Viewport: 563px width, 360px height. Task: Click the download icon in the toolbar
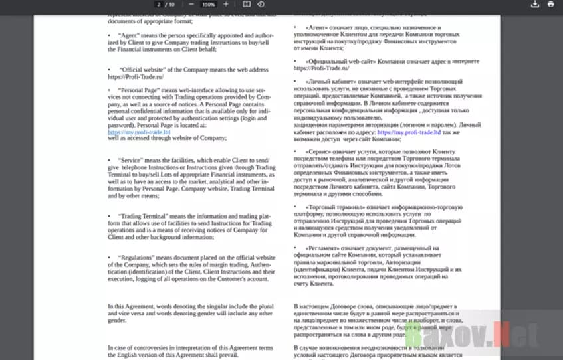pos(536,4)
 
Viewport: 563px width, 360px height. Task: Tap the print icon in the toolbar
pos(551,4)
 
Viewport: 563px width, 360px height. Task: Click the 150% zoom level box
pos(208,4)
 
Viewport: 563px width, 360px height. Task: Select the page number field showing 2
pos(159,4)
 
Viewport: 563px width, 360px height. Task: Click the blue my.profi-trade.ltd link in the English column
pos(139,132)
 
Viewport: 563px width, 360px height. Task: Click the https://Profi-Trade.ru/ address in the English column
pos(136,76)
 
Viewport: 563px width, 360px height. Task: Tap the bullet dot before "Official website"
pos(109,69)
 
